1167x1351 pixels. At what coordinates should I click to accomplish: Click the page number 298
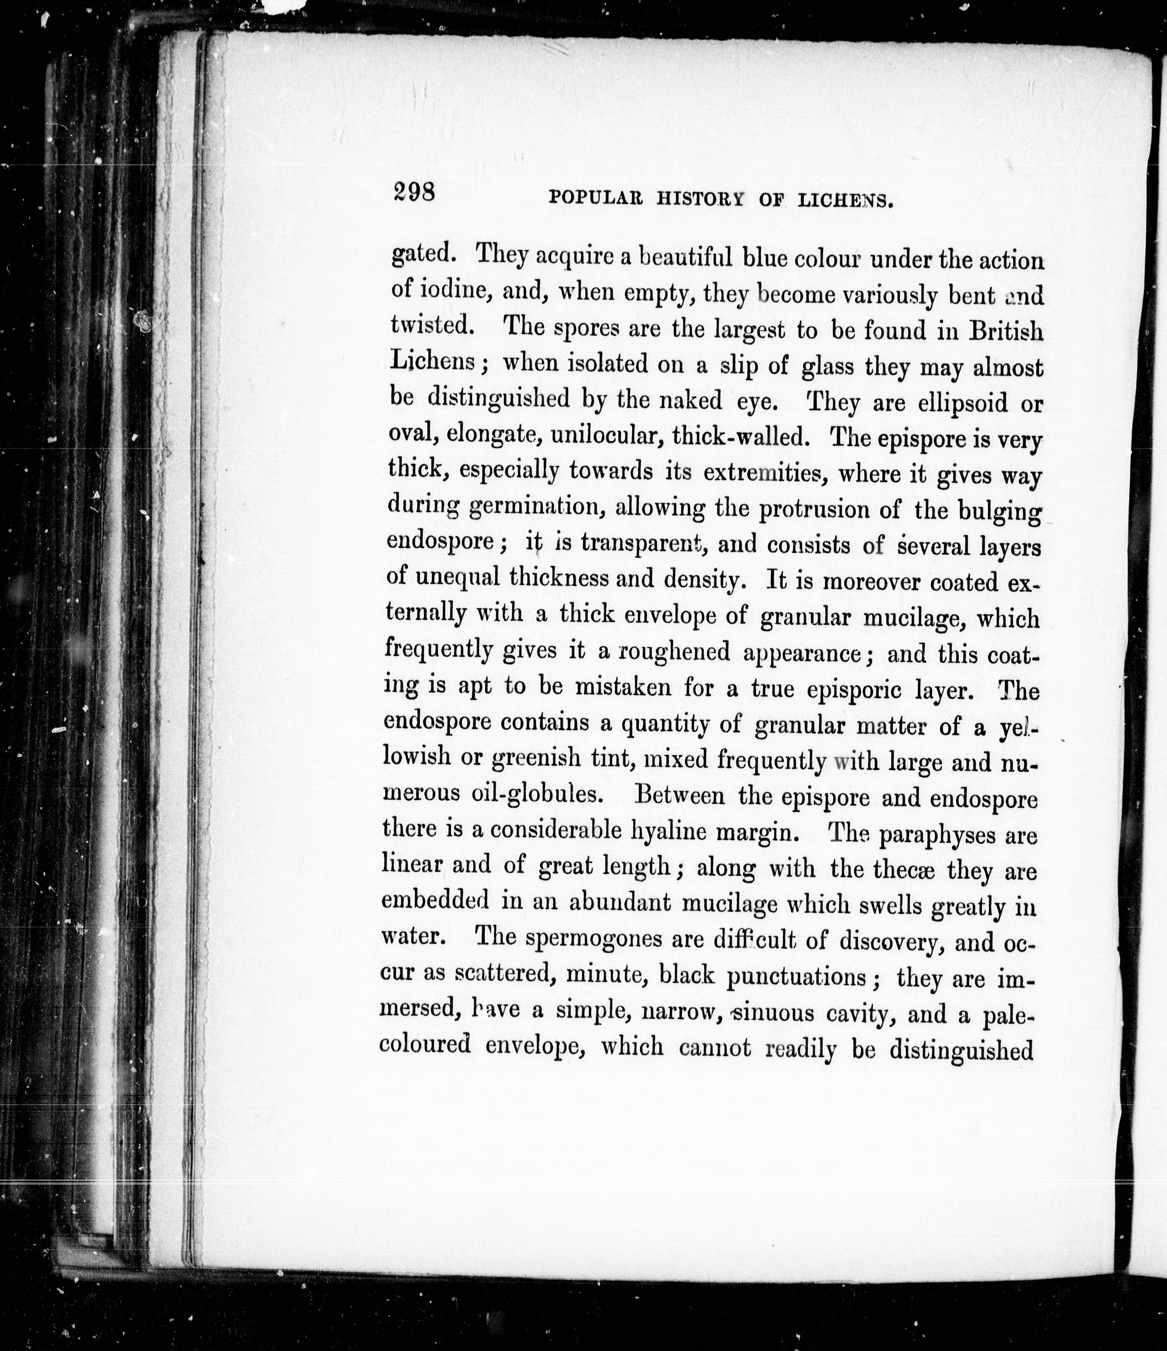coord(414,194)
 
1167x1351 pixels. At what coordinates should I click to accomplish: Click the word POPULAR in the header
coord(596,198)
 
